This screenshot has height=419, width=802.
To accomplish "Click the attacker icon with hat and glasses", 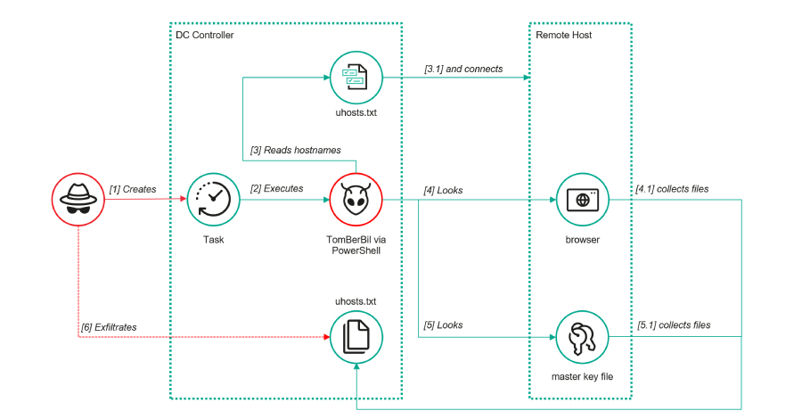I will click(x=78, y=200).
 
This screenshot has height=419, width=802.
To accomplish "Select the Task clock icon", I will click(x=213, y=200).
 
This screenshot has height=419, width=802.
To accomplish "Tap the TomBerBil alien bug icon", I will click(x=356, y=200).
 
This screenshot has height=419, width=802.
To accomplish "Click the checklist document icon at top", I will click(x=356, y=78).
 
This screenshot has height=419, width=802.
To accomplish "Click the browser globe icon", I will click(x=582, y=200).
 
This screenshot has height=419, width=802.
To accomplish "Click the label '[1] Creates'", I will click(x=133, y=189).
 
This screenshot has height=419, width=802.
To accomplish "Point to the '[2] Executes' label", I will click(x=276, y=189).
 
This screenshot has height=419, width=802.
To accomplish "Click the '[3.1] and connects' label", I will click(x=463, y=69).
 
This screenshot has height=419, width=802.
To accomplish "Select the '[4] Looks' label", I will click(x=443, y=190).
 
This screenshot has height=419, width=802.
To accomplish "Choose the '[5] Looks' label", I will click(x=443, y=325).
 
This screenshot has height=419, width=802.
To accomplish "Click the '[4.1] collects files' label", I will click(x=673, y=189).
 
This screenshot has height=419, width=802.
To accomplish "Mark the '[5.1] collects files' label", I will click(x=673, y=325).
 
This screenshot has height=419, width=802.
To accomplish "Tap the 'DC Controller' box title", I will click(x=204, y=35).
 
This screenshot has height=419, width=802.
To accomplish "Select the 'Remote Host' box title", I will click(x=563, y=35).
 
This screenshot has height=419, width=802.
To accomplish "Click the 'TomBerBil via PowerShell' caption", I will click(x=356, y=247).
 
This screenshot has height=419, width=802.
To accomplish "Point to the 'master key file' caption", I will click(x=582, y=377).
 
